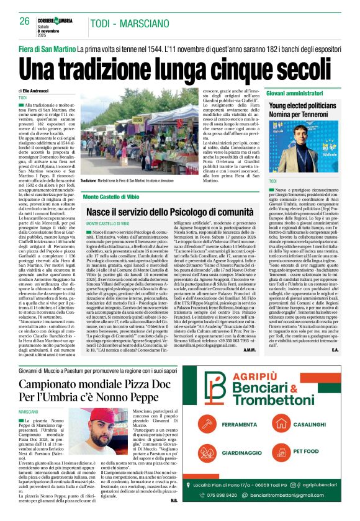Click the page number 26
point(24,21)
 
